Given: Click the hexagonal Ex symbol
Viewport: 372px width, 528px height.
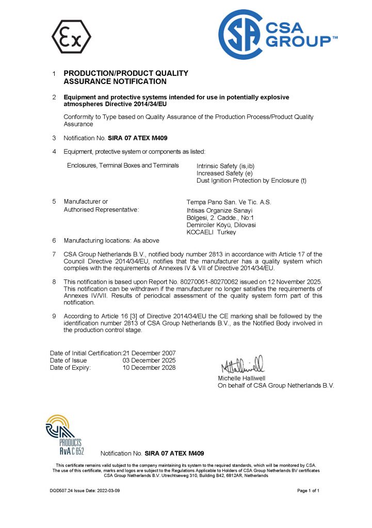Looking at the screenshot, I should (x=71, y=37).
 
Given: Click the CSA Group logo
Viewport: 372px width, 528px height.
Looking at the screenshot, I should (x=277, y=35).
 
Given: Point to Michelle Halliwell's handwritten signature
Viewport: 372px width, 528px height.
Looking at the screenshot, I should (x=242, y=365).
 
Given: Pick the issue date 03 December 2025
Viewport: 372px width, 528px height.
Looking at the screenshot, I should (x=149, y=360).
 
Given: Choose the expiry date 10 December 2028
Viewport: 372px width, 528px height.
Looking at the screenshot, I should (x=149, y=368).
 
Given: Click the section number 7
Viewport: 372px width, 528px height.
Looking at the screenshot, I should (x=54, y=254).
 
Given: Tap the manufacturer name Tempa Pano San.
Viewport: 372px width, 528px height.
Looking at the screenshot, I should (x=228, y=202).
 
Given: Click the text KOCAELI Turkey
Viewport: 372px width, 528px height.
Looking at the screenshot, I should (x=211, y=233).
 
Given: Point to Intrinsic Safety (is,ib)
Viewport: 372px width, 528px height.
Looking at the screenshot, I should (x=225, y=166).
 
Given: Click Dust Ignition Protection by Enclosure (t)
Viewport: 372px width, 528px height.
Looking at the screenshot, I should (x=251, y=180).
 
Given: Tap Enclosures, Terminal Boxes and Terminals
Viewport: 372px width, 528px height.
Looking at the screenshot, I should (x=123, y=166).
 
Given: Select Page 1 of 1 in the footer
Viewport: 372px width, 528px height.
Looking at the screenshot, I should (x=309, y=490).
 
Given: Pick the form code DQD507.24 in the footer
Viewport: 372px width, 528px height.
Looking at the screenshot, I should (x=55, y=490).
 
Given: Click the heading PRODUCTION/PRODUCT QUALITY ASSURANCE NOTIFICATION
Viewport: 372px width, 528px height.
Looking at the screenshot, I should (x=125, y=77).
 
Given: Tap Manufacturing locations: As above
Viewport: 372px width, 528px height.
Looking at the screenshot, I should (x=111, y=240).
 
